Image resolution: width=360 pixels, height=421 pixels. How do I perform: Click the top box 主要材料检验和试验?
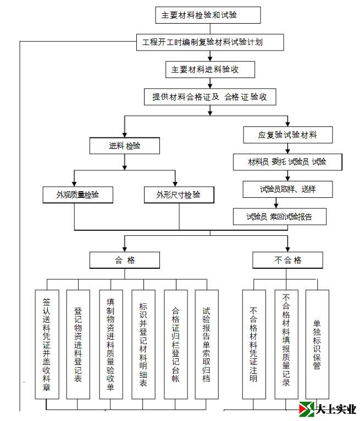[208, 15]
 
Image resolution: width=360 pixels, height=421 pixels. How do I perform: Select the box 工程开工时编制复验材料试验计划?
[210, 42]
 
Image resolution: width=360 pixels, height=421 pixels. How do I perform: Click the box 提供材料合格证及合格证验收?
[209, 97]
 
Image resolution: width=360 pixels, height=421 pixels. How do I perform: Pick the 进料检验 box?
[125, 146]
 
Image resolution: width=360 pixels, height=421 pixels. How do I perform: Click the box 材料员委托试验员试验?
[287, 162]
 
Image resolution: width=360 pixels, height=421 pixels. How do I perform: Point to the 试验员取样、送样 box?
[287, 189]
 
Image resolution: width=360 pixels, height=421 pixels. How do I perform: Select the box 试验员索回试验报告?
[279, 217]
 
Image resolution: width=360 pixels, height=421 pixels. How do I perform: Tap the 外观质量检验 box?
[77, 195]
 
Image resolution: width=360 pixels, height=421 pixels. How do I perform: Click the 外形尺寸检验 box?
[178, 195]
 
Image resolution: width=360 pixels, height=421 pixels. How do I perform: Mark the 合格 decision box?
[125, 260]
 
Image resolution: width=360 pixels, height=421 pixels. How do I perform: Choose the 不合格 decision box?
[287, 260]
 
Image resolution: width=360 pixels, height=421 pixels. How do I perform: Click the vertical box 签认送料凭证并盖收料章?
[47, 345]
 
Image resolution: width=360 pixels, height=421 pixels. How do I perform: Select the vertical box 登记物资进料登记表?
[78, 345]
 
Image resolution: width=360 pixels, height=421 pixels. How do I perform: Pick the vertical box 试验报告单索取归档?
[207, 345]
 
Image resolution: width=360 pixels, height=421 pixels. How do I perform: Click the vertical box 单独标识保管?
[317, 345]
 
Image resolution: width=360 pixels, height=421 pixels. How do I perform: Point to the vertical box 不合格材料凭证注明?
[254, 345]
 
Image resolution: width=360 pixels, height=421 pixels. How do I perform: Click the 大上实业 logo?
[328, 409]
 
